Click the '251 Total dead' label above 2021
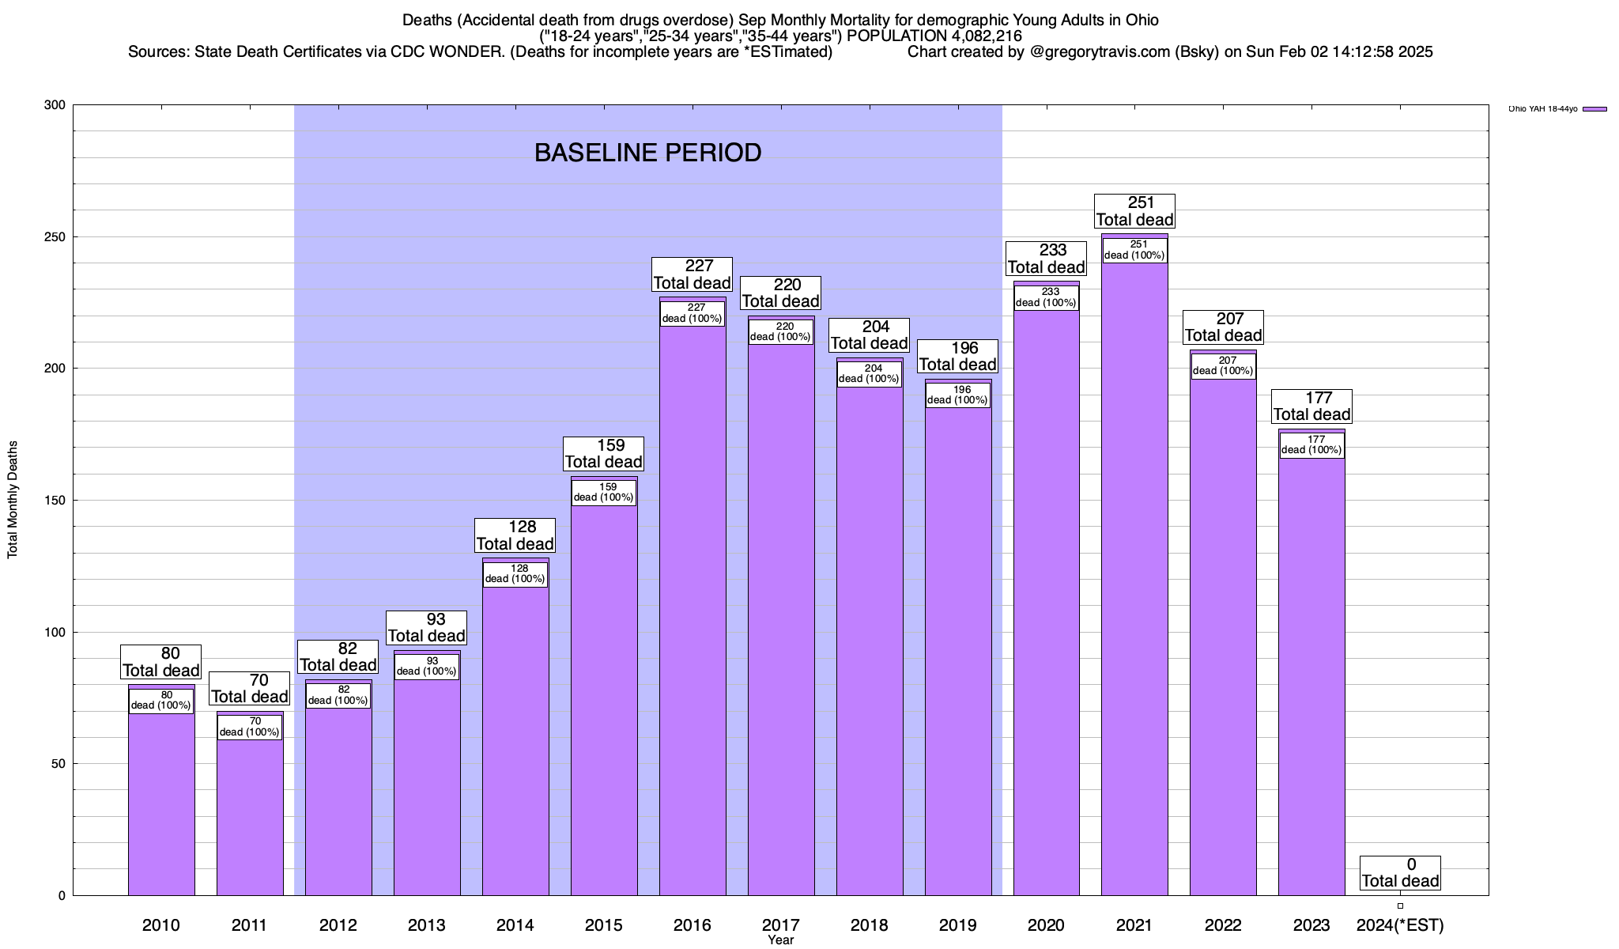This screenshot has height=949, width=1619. (1134, 212)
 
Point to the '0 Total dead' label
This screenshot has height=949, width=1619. (1400, 873)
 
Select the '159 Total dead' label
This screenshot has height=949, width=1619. (604, 454)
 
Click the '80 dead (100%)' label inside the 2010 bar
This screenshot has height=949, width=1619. (161, 701)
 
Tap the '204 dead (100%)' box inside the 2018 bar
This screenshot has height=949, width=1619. (870, 373)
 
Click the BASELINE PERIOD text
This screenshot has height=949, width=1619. (647, 153)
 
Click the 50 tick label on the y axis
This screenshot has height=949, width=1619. (58, 764)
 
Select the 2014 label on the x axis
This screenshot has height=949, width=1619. (515, 925)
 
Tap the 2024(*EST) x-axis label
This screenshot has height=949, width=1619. (1400, 925)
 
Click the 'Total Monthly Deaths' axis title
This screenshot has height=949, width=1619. (13, 500)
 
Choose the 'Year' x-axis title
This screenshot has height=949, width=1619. (780, 940)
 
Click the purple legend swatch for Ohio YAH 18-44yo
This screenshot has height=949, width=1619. (1594, 109)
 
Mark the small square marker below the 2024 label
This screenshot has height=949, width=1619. (1400, 906)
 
